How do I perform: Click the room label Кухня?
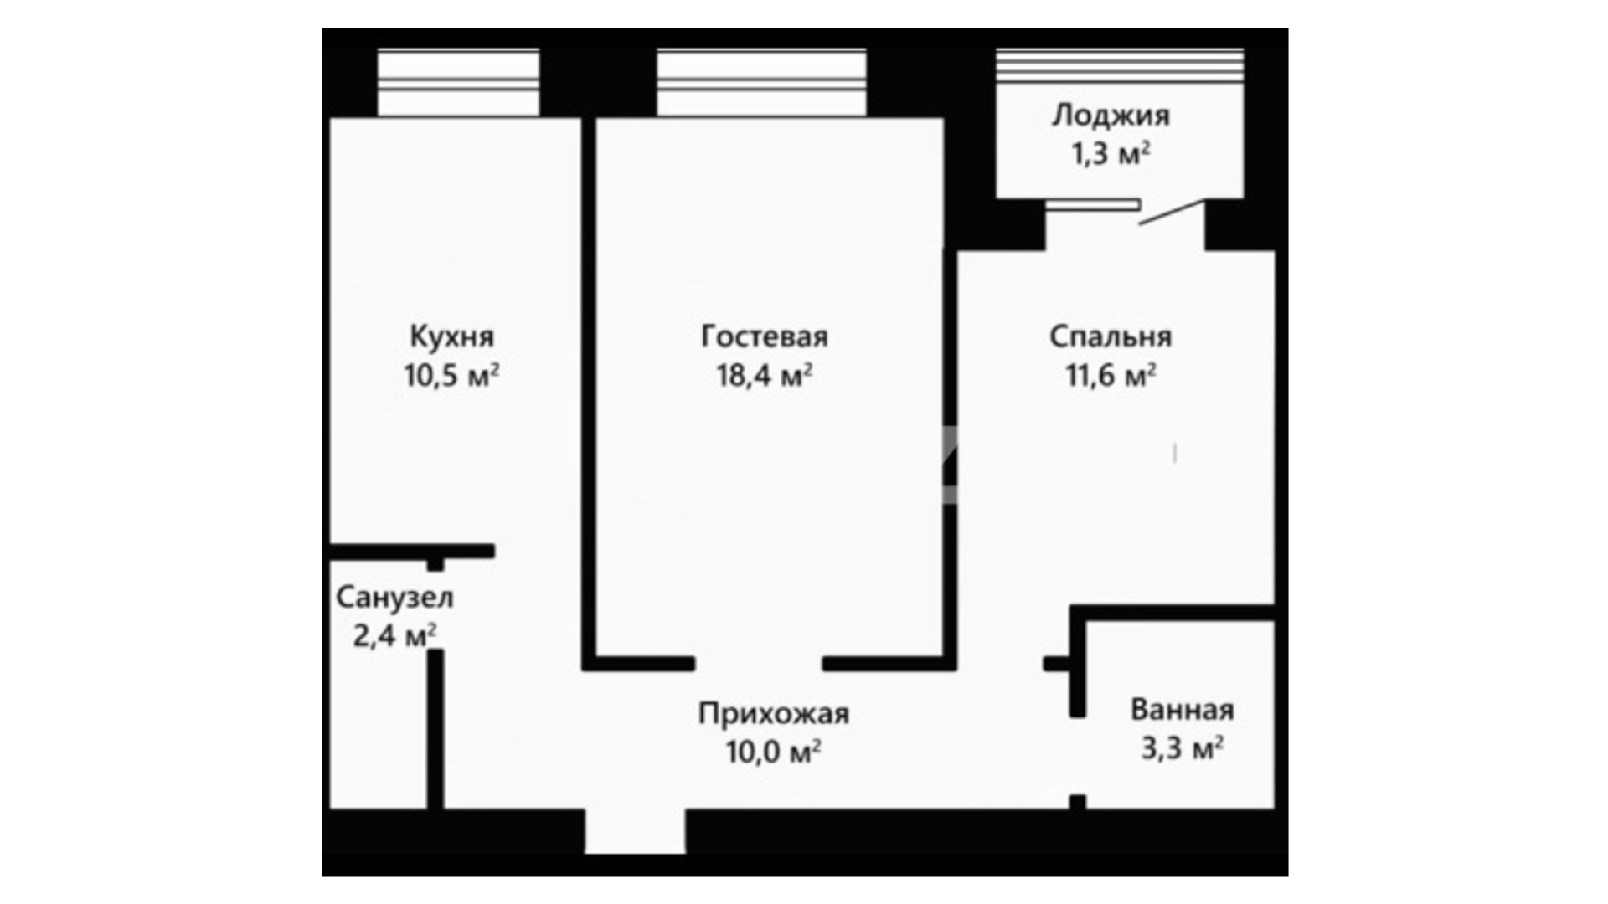pos(451,336)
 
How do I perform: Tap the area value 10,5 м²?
pos(452,375)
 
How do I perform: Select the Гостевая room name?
pos(765,336)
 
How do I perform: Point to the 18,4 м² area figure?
pos(765,375)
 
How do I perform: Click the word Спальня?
pos(1111,336)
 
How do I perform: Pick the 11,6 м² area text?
pos(1111,375)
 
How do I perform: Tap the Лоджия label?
pos(1111,116)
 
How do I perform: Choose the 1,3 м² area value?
pos(1111,154)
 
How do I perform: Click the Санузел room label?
pos(394,598)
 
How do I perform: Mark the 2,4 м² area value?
pos(394,636)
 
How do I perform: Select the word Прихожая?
pos(774,714)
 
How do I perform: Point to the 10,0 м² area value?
pos(773,752)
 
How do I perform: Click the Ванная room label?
pos(1183,710)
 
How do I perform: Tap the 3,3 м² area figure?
pos(1183,747)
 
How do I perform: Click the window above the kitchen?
pos(458,83)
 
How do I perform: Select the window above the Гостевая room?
pos(761,83)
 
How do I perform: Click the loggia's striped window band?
pos(1120,65)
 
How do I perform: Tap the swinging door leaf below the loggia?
pos(1172,213)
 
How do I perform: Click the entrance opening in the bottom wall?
pos(635,832)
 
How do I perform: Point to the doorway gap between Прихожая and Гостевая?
pos(759,664)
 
